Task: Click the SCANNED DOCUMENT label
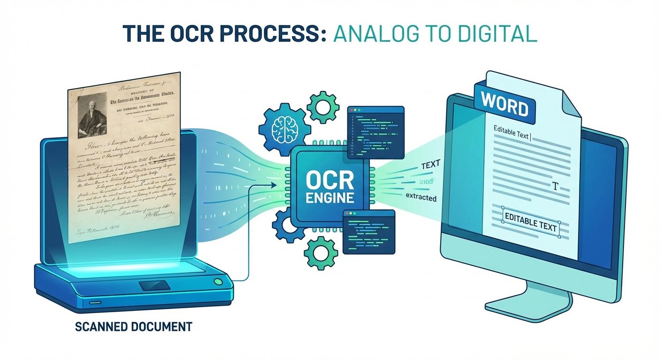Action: pyautogui.click(x=134, y=326)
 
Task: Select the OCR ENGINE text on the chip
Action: pyautogui.click(x=330, y=188)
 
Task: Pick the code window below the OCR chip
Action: pyautogui.click(x=368, y=232)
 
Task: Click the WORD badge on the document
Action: pyautogui.click(x=504, y=106)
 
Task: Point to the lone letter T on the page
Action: pyautogui.click(x=555, y=187)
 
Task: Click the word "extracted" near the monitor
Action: pyautogui.click(x=420, y=198)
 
